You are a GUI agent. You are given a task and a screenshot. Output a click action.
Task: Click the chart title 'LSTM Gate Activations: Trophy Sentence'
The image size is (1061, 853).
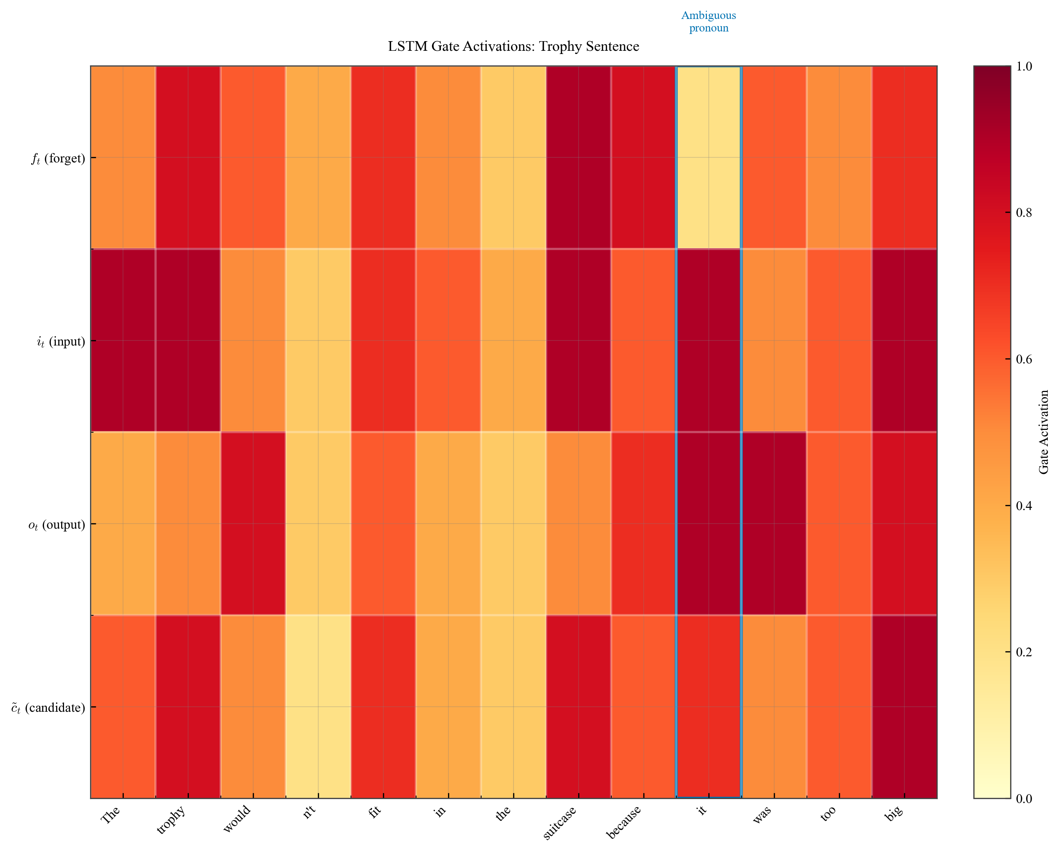click(513, 46)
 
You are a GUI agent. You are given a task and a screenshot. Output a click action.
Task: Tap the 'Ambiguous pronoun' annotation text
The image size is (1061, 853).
click(709, 22)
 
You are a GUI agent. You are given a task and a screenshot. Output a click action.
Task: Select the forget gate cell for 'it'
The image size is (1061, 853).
click(709, 157)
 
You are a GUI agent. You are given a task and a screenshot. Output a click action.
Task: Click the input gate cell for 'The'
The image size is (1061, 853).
click(123, 340)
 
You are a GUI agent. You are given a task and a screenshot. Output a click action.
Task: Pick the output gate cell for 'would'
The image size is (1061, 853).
click(253, 524)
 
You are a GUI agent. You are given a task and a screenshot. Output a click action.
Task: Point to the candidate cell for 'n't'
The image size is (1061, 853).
click(318, 707)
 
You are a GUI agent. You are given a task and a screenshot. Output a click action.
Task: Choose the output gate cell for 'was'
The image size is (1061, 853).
click(774, 524)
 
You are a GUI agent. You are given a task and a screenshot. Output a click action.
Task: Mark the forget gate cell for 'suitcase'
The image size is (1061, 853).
click(579, 157)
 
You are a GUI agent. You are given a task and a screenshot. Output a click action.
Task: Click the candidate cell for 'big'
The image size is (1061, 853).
click(904, 707)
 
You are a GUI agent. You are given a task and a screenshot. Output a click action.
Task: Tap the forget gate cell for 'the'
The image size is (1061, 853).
click(513, 157)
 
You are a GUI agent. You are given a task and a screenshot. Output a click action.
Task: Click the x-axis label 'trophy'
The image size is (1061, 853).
click(171, 819)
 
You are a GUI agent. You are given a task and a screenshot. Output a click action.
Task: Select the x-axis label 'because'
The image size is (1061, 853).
click(624, 822)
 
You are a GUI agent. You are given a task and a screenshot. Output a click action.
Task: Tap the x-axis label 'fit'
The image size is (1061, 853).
click(375, 812)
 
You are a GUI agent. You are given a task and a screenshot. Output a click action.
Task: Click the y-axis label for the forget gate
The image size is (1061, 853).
click(58, 158)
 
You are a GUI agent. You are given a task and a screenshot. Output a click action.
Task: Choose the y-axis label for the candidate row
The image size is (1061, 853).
click(48, 708)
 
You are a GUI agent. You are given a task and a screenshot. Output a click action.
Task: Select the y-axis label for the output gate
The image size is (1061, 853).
click(57, 525)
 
